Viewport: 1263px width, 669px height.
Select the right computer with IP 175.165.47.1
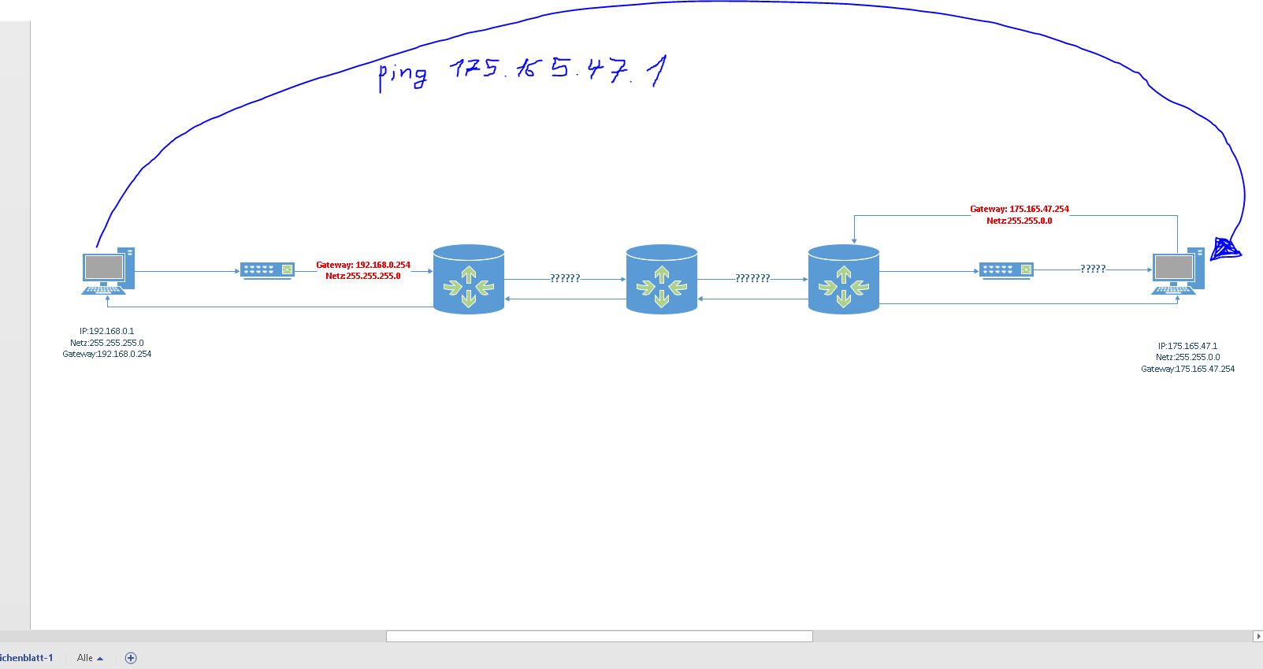1178,271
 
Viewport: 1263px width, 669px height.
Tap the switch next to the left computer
267,270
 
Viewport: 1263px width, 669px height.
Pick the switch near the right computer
1006,270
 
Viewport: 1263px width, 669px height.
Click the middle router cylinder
662,280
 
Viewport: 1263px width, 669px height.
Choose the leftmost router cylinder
469,280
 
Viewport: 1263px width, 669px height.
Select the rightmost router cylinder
844,280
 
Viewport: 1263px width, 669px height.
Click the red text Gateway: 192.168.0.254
363,265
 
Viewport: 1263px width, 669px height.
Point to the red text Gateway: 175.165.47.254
1020,209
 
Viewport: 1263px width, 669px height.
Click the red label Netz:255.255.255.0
363,276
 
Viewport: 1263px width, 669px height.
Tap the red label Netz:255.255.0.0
1020,221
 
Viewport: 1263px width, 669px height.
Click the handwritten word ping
403,75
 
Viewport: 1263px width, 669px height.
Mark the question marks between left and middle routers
565,278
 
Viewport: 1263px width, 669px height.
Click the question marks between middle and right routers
752,278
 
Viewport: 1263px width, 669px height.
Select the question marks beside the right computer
1093,269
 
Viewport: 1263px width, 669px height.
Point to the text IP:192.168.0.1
107,331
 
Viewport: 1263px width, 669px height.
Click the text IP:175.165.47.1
1187,346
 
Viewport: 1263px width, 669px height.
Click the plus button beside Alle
131,658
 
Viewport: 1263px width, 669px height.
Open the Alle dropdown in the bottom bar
90,658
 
